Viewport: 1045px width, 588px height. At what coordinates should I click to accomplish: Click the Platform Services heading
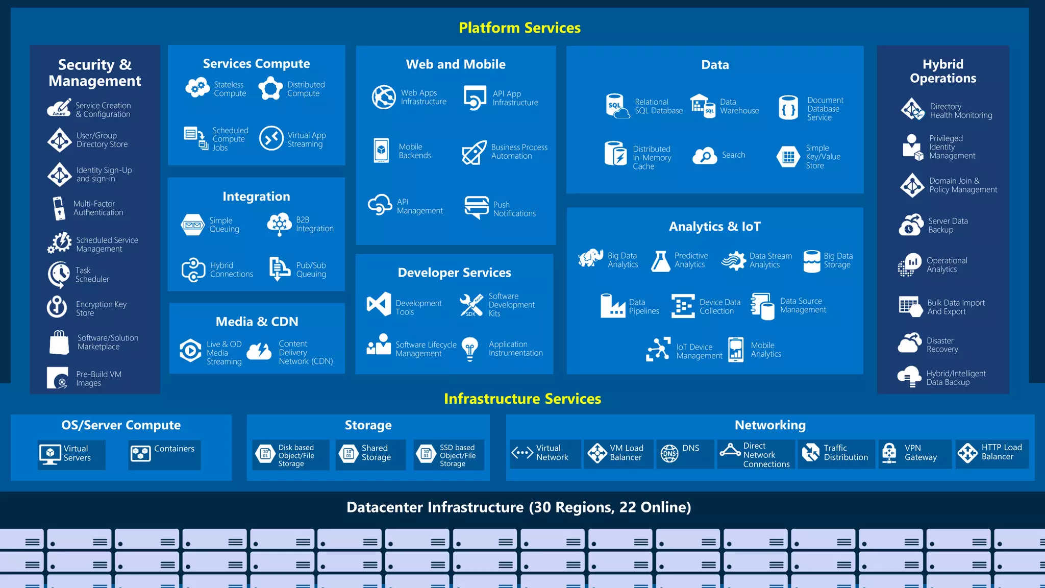point(519,28)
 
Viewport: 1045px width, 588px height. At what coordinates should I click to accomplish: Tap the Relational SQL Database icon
point(616,106)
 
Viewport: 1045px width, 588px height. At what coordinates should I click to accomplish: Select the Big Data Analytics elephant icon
point(590,258)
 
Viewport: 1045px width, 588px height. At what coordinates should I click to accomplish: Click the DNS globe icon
point(669,453)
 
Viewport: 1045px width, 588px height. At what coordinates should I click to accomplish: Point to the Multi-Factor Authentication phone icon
point(59,208)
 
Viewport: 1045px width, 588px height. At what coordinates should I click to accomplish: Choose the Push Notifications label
point(514,209)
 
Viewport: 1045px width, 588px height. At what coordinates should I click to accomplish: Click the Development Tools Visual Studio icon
point(379,305)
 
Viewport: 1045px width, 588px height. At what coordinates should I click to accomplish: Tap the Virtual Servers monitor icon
point(50,453)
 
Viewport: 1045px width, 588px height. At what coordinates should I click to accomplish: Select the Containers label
point(174,449)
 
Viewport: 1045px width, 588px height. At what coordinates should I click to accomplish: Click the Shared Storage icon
point(349,453)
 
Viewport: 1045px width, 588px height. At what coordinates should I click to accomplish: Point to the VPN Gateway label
point(920,453)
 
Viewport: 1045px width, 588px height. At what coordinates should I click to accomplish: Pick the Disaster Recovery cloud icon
point(909,344)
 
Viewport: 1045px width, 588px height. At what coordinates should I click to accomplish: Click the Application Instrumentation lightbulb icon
point(470,349)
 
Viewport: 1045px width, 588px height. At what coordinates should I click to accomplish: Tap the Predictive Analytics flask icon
point(660,261)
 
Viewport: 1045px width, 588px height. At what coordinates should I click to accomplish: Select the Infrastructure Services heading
point(522,399)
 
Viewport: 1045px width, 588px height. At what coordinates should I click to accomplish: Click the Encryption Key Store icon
point(57,307)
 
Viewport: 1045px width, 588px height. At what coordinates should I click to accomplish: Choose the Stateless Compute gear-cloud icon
point(197,88)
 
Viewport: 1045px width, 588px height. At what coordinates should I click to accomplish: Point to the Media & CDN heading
point(257,322)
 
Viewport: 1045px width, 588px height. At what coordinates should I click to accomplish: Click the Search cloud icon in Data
point(705,156)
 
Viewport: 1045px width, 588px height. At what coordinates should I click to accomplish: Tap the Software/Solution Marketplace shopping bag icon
point(59,342)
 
